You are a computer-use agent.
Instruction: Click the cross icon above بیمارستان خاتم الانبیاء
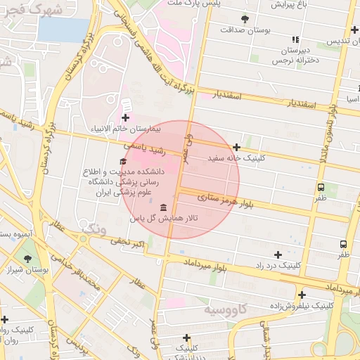(x=125, y=117)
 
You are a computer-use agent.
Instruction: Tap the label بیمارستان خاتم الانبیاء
(x=125, y=129)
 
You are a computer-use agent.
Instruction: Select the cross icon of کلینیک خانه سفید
(x=237, y=148)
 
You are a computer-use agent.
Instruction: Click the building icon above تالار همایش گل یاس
(x=164, y=207)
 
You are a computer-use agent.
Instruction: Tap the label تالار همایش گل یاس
(x=164, y=219)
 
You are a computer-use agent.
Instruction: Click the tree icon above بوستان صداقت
(x=245, y=19)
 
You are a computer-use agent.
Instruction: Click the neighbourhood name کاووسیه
(x=226, y=309)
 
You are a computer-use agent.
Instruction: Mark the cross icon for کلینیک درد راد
(x=278, y=255)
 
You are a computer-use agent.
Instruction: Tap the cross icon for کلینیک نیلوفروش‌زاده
(x=302, y=295)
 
